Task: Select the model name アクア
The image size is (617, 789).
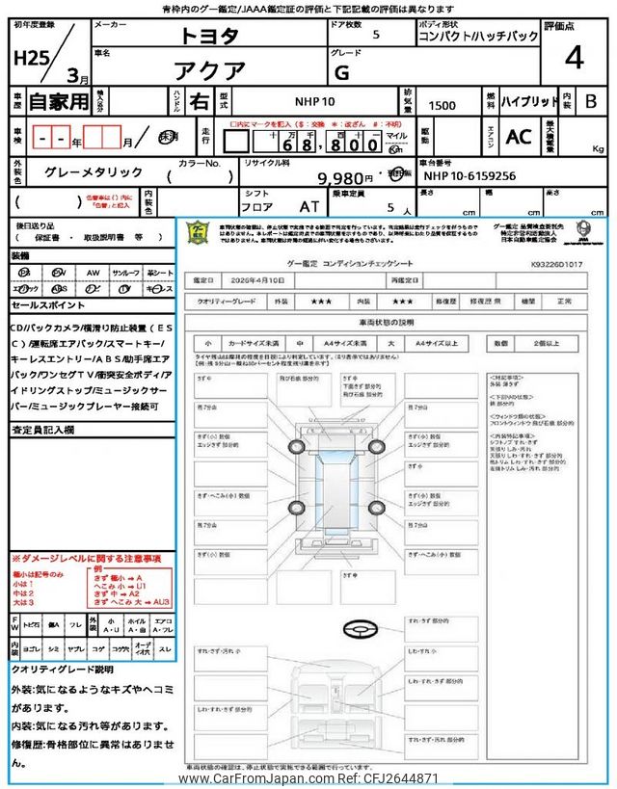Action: click(209, 69)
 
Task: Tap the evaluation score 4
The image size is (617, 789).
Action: click(574, 58)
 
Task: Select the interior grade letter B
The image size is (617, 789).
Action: click(591, 101)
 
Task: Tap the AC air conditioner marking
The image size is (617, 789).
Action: click(518, 138)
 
